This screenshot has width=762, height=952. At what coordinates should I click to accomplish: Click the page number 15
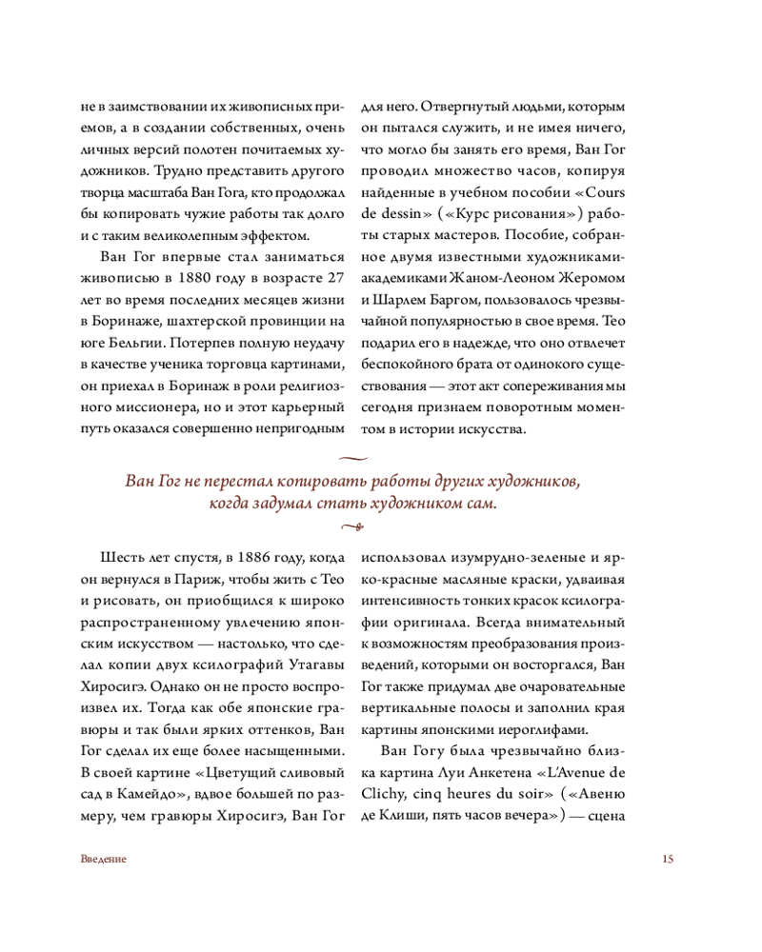pyautogui.click(x=667, y=859)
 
